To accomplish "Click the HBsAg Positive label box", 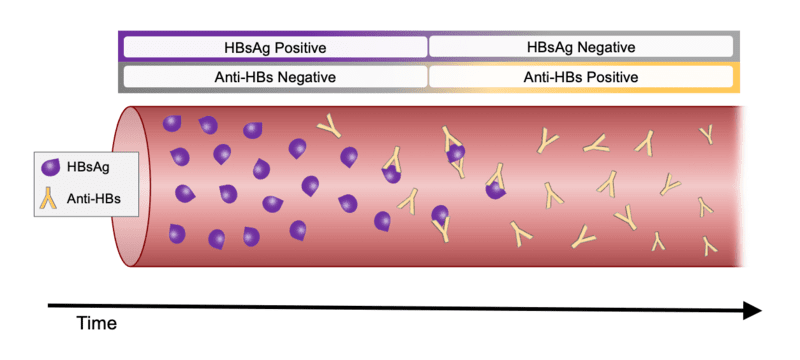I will point(275,47).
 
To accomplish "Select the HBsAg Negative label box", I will point(581,47).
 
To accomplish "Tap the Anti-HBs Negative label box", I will point(275,77).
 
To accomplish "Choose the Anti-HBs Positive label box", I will point(581,77).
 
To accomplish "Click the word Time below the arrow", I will point(97,323).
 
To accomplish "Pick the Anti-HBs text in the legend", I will point(92,198).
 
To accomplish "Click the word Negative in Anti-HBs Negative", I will point(305,77).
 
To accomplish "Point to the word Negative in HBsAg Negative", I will point(607,47).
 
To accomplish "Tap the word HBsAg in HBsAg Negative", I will point(550,47).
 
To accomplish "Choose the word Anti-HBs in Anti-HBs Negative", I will point(243,77).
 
